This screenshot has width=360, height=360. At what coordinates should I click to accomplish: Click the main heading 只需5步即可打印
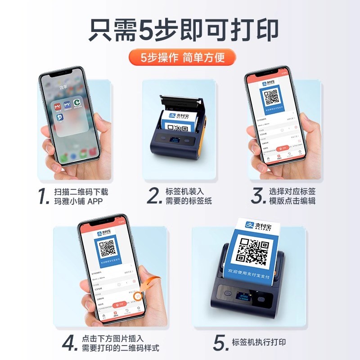(180, 30)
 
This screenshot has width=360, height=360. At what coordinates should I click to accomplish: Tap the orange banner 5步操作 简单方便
(182, 58)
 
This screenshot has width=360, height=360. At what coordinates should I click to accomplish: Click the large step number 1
(43, 197)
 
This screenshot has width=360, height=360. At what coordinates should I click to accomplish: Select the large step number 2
(154, 197)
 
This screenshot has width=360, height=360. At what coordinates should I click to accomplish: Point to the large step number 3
(257, 197)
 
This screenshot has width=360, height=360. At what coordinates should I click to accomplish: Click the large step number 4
(70, 343)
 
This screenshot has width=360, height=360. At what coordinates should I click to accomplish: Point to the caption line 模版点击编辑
(292, 201)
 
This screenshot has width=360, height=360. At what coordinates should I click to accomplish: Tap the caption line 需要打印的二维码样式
(120, 348)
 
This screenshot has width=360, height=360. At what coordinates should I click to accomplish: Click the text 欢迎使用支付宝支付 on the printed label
(253, 272)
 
